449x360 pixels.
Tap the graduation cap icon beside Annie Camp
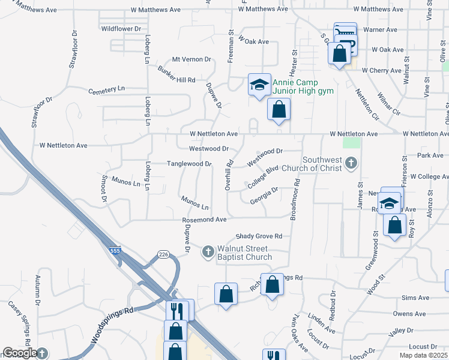click(259, 83)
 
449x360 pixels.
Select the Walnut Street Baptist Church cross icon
click(208, 251)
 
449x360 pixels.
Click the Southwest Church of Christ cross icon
click(352, 163)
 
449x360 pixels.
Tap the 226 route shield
click(163, 254)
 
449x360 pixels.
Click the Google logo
click(20, 353)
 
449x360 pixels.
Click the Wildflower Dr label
click(121, 28)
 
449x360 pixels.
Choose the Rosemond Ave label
click(204, 220)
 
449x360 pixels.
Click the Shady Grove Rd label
click(259, 236)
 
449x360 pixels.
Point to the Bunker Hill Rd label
click(176, 80)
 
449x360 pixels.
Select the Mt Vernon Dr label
click(191, 59)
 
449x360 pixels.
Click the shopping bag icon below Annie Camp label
click(279, 110)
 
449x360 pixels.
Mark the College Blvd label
click(264, 178)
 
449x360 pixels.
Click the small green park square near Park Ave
click(351, 143)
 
